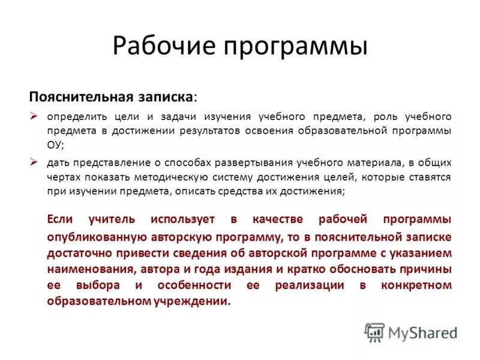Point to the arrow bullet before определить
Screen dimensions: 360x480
pyautogui.click(x=35, y=116)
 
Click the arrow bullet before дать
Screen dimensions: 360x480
pyautogui.click(x=35, y=162)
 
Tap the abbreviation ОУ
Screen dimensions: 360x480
pyautogui.click(x=55, y=145)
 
